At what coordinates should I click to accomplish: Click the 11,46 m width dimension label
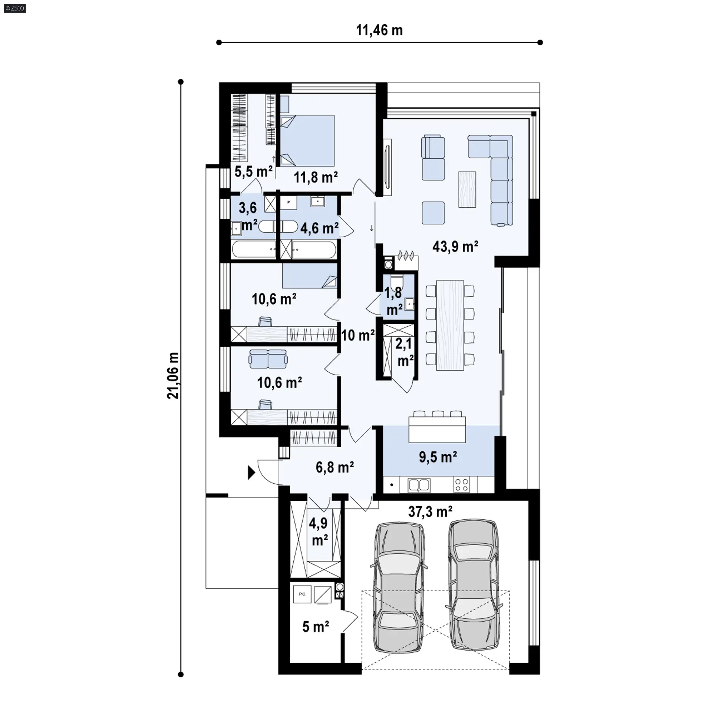379,30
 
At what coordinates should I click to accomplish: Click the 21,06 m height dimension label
173,376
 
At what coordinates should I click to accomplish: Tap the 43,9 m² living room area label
455,246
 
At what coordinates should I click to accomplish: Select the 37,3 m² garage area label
430,512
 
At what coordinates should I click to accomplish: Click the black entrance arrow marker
251,473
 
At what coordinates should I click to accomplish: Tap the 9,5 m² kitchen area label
438,457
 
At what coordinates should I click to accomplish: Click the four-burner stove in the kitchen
462,485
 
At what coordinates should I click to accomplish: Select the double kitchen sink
419,485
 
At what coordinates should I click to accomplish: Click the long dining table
450,325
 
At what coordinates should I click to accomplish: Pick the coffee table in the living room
467,189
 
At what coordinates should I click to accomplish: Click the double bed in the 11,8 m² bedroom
307,140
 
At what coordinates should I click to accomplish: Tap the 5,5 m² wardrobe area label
254,172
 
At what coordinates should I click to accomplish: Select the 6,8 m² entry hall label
334,467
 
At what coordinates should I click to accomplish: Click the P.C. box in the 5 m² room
303,594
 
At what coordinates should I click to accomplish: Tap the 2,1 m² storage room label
404,352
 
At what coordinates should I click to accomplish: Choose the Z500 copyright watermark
15,8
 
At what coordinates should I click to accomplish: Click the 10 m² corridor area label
357,335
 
